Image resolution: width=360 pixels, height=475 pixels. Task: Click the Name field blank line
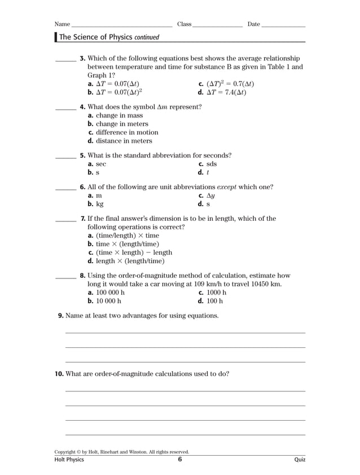point(121,25)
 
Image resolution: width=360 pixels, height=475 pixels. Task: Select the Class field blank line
point(217,25)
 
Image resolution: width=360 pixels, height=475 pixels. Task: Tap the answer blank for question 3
point(65,60)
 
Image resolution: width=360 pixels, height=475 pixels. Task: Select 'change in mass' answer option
point(119,115)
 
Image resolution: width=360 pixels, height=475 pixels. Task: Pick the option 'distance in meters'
point(124,141)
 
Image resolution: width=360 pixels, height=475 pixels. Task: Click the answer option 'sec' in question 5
point(100,164)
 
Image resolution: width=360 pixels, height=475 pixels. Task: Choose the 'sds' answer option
point(211,164)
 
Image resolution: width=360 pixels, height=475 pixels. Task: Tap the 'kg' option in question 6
point(99,204)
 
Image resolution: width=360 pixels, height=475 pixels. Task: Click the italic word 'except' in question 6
point(227,187)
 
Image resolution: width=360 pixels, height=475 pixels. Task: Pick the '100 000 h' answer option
point(110,293)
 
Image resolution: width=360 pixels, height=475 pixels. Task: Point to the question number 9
point(61,316)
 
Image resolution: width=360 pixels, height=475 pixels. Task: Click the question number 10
point(59,373)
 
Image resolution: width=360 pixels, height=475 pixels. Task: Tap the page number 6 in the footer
point(179,460)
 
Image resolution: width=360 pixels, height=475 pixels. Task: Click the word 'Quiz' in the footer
point(300,460)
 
